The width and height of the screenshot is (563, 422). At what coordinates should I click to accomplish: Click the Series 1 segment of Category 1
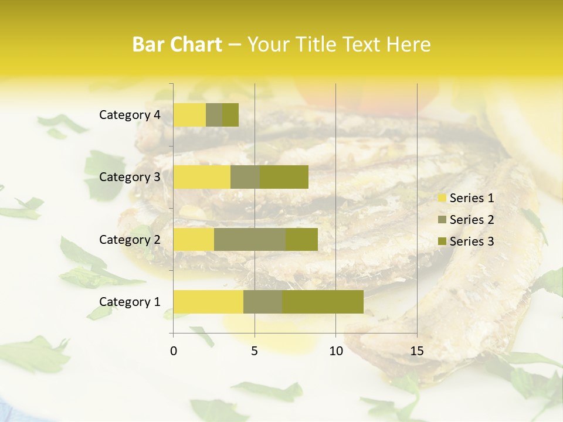click(x=208, y=301)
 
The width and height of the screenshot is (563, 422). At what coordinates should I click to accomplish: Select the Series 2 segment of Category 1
click(x=263, y=301)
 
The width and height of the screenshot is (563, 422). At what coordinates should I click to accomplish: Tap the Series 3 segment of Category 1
click(x=323, y=301)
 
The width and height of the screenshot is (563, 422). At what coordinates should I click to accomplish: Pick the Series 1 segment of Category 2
click(x=194, y=239)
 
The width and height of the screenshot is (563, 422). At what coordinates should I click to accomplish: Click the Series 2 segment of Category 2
click(x=250, y=239)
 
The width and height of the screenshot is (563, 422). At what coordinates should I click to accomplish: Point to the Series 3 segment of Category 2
click(x=301, y=239)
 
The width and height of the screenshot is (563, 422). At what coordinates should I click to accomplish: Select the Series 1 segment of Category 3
click(x=202, y=177)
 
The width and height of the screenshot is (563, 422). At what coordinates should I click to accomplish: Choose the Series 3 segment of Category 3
click(x=284, y=177)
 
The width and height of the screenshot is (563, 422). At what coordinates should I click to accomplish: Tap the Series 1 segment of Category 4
click(x=189, y=115)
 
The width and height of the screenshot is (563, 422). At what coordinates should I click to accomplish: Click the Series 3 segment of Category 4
click(x=230, y=115)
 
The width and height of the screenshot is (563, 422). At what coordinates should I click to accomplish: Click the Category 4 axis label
click(x=130, y=115)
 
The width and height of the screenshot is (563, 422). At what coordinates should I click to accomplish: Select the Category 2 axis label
click(x=130, y=239)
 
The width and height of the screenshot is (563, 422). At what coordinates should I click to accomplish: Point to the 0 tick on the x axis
click(x=174, y=351)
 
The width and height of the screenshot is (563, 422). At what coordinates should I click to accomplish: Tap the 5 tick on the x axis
click(x=255, y=351)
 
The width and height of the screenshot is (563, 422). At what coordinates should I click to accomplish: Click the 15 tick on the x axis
click(x=417, y=351)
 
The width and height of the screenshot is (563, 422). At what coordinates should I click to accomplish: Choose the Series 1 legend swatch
click(x=442, y=198)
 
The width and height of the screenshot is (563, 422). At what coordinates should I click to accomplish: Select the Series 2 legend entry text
click(x=472, y=220)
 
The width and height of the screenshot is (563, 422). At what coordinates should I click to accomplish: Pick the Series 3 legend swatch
click(x=442, y=241)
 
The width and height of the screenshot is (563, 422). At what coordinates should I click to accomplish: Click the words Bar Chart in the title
click(x=177, y=45)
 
